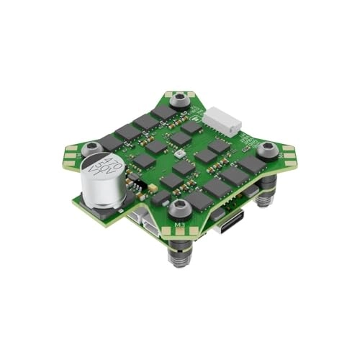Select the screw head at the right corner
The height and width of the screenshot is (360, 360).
point(268,149)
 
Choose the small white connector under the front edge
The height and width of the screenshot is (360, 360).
point(150,220)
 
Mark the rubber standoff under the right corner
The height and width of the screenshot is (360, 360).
point(267,190)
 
